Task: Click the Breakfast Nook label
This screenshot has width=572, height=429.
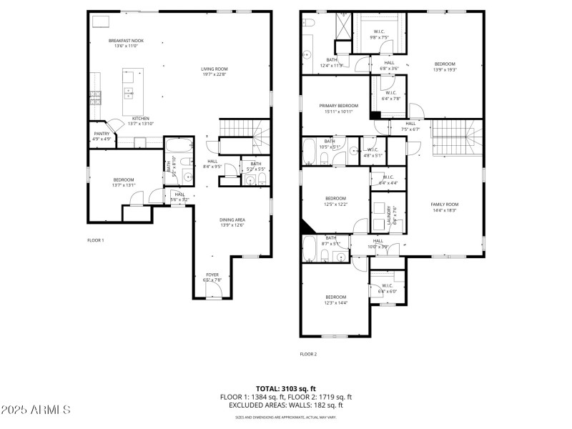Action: [126, 41]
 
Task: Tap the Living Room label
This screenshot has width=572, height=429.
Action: [214, 69]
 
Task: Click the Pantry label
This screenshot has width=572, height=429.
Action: [102, 134]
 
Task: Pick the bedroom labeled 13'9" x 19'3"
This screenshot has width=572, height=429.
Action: [445, 66]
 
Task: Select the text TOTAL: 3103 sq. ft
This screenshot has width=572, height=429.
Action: [285, 389]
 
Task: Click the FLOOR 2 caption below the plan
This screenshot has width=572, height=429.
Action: [308, 354]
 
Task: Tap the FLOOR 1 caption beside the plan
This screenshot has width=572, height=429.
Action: [96, 240]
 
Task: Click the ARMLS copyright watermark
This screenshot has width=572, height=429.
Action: [36, 410]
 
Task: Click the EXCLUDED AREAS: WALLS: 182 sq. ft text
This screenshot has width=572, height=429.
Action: [285, 405]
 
